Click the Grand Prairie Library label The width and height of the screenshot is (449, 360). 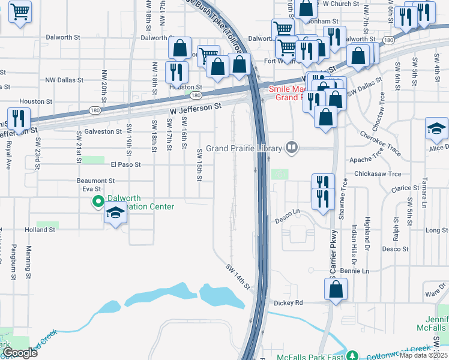click(x=244, y=148)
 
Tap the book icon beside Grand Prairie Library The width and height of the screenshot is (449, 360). click(x=292, y=147)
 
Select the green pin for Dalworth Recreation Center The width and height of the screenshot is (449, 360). click(x=98, y=202)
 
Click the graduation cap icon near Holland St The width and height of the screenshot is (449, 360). click(x=115, y=214)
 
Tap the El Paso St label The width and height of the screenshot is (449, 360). click(x=125, y=164)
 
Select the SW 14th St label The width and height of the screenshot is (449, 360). click(x=238, y=277)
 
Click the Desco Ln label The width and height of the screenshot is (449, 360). click(x=287, y=211)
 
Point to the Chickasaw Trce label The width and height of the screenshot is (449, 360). click(x=378, y=174)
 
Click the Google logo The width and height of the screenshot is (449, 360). click(x=20, y=353)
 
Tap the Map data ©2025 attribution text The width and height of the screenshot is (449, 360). click(x=423, y=355)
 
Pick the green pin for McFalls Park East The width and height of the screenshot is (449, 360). click(x=353, y=356)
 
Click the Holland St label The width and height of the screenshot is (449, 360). click(x=40, y=230)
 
